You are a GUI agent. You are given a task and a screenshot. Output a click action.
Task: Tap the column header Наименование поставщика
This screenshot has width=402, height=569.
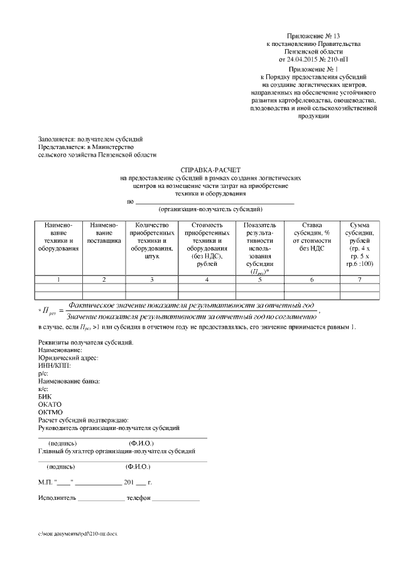tap(104, 233)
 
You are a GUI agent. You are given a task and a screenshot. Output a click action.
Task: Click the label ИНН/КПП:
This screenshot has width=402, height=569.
tap(54, 365)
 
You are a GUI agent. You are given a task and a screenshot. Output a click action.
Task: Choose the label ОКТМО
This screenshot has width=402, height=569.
tap(50, 412)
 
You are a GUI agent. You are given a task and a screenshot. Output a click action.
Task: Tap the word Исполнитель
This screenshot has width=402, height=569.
tap(57, 497)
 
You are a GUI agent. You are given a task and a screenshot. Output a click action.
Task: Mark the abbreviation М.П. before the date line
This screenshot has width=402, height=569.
tap(45, 482)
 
